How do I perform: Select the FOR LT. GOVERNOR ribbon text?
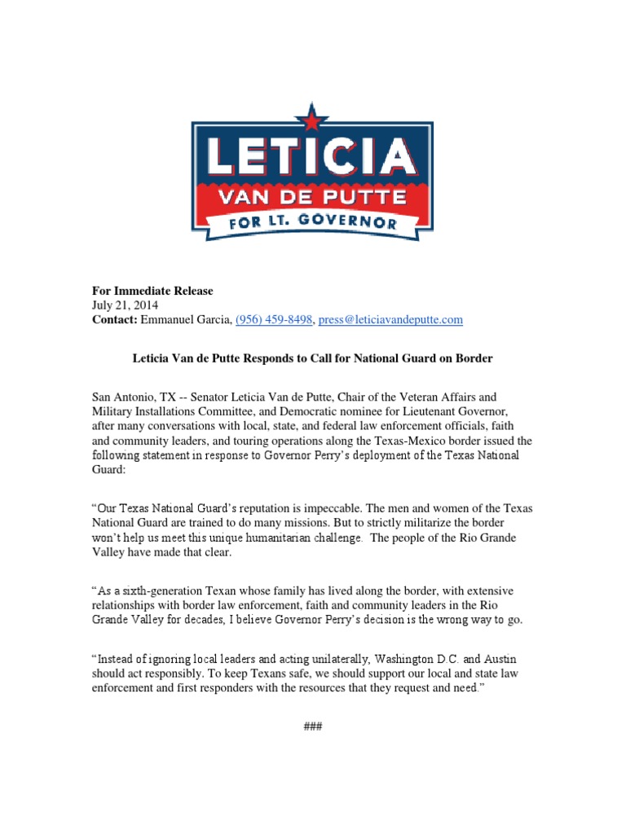pyautogui.click(x=312, y=222)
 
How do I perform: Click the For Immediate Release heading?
pyautogui.click(x=152, y=291)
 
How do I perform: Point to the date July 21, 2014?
pyautogui.click(x=124, y=305)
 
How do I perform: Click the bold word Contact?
pyautogui.click(x=114, y=320)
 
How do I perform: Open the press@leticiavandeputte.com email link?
pyautogui.click(x=390, y=320)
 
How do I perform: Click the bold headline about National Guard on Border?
pyautogui.click(x=313, y=358)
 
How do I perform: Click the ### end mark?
pyautogui.click(x=313, y=726)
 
